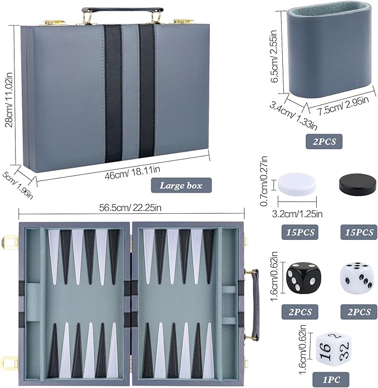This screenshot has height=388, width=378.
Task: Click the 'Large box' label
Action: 181,185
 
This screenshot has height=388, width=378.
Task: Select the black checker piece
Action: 358,184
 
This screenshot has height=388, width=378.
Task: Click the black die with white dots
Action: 304,278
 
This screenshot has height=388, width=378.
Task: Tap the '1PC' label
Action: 331,380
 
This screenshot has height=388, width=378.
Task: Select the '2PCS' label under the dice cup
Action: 324,141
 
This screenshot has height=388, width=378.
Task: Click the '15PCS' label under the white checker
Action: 300,232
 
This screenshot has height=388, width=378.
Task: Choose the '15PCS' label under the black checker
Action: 359,232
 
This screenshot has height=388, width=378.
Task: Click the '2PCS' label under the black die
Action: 300,312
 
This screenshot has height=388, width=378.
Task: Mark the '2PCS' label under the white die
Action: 359,312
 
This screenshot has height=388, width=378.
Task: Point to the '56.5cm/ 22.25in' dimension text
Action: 130,208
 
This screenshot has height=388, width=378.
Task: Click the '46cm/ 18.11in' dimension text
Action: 132,172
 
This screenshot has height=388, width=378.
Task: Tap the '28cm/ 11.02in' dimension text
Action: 9,100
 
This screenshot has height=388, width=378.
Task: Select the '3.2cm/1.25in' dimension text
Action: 297,214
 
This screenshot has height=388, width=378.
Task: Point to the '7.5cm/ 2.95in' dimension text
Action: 343,106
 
